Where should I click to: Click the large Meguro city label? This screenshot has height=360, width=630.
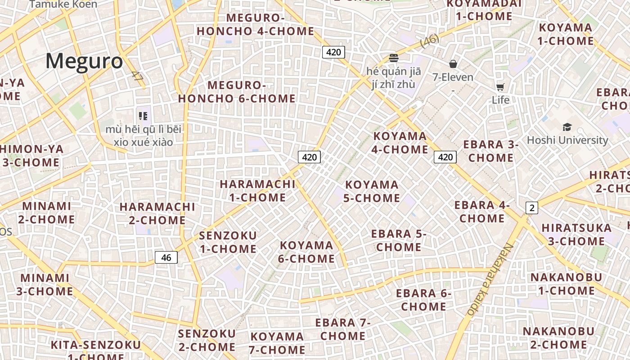point(84,61)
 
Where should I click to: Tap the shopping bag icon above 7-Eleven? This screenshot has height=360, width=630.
point(453,64)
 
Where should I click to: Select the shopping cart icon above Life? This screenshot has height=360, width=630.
point(500,87)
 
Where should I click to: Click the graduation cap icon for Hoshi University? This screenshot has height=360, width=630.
point(567,127)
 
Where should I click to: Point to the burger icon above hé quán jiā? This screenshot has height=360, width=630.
point(394,58)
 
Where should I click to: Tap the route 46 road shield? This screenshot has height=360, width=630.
point(166,257)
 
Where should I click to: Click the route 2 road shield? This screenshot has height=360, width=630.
point(532,208)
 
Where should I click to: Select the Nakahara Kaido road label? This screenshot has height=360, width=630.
point(490,279)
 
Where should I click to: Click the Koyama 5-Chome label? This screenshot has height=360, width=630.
point(372,191)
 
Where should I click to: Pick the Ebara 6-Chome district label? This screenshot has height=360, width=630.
point(423,300)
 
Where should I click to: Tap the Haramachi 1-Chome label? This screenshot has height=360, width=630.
point(257,190)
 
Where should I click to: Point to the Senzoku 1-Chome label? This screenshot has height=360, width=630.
point(228,242)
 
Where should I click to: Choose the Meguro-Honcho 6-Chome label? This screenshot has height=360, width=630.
point(237,92)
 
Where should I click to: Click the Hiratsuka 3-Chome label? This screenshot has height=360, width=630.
point(576,234)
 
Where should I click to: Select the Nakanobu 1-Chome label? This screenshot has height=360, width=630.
point(567,284)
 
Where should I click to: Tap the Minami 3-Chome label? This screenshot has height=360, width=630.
point(45,284)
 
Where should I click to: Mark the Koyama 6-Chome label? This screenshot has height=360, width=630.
point(307,252)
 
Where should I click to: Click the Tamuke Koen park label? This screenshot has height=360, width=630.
point(63,4)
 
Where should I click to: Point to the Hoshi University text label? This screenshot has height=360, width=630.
point(567,140)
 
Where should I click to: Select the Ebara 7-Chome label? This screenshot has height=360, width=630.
point(343,329)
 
